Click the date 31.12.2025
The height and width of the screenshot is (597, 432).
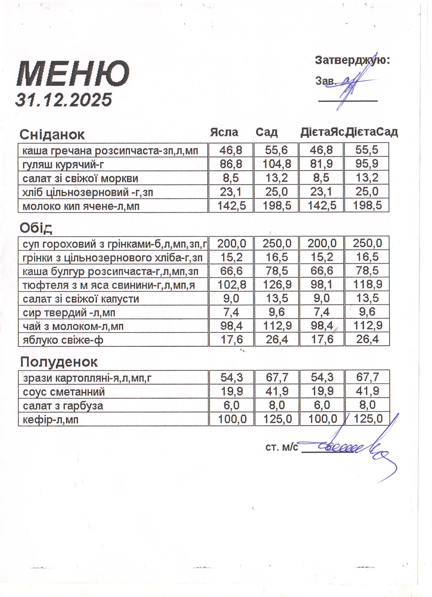[x=64, y=100]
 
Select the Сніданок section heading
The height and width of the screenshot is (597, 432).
[x=52, y=135]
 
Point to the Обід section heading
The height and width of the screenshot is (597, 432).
[x=36, y=228]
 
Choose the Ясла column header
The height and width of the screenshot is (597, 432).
[x=224, y=132]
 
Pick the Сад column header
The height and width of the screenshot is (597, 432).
[x=267, y=132]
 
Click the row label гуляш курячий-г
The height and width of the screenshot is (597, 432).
[x=63, y=165]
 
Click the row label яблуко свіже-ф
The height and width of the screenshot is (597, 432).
[x=63, y=340]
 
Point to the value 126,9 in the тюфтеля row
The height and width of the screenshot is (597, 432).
[x=277, y=285]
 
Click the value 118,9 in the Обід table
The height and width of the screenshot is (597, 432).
[x=367, y=285]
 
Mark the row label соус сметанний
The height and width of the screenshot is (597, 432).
[x=64, y=392]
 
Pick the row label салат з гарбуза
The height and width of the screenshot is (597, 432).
[x=63, y=406]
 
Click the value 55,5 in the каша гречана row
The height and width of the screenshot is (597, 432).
[x=367, y=150]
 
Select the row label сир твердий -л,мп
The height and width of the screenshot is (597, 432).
[x=69, y=313]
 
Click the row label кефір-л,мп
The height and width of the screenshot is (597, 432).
[x=51, y=419]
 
